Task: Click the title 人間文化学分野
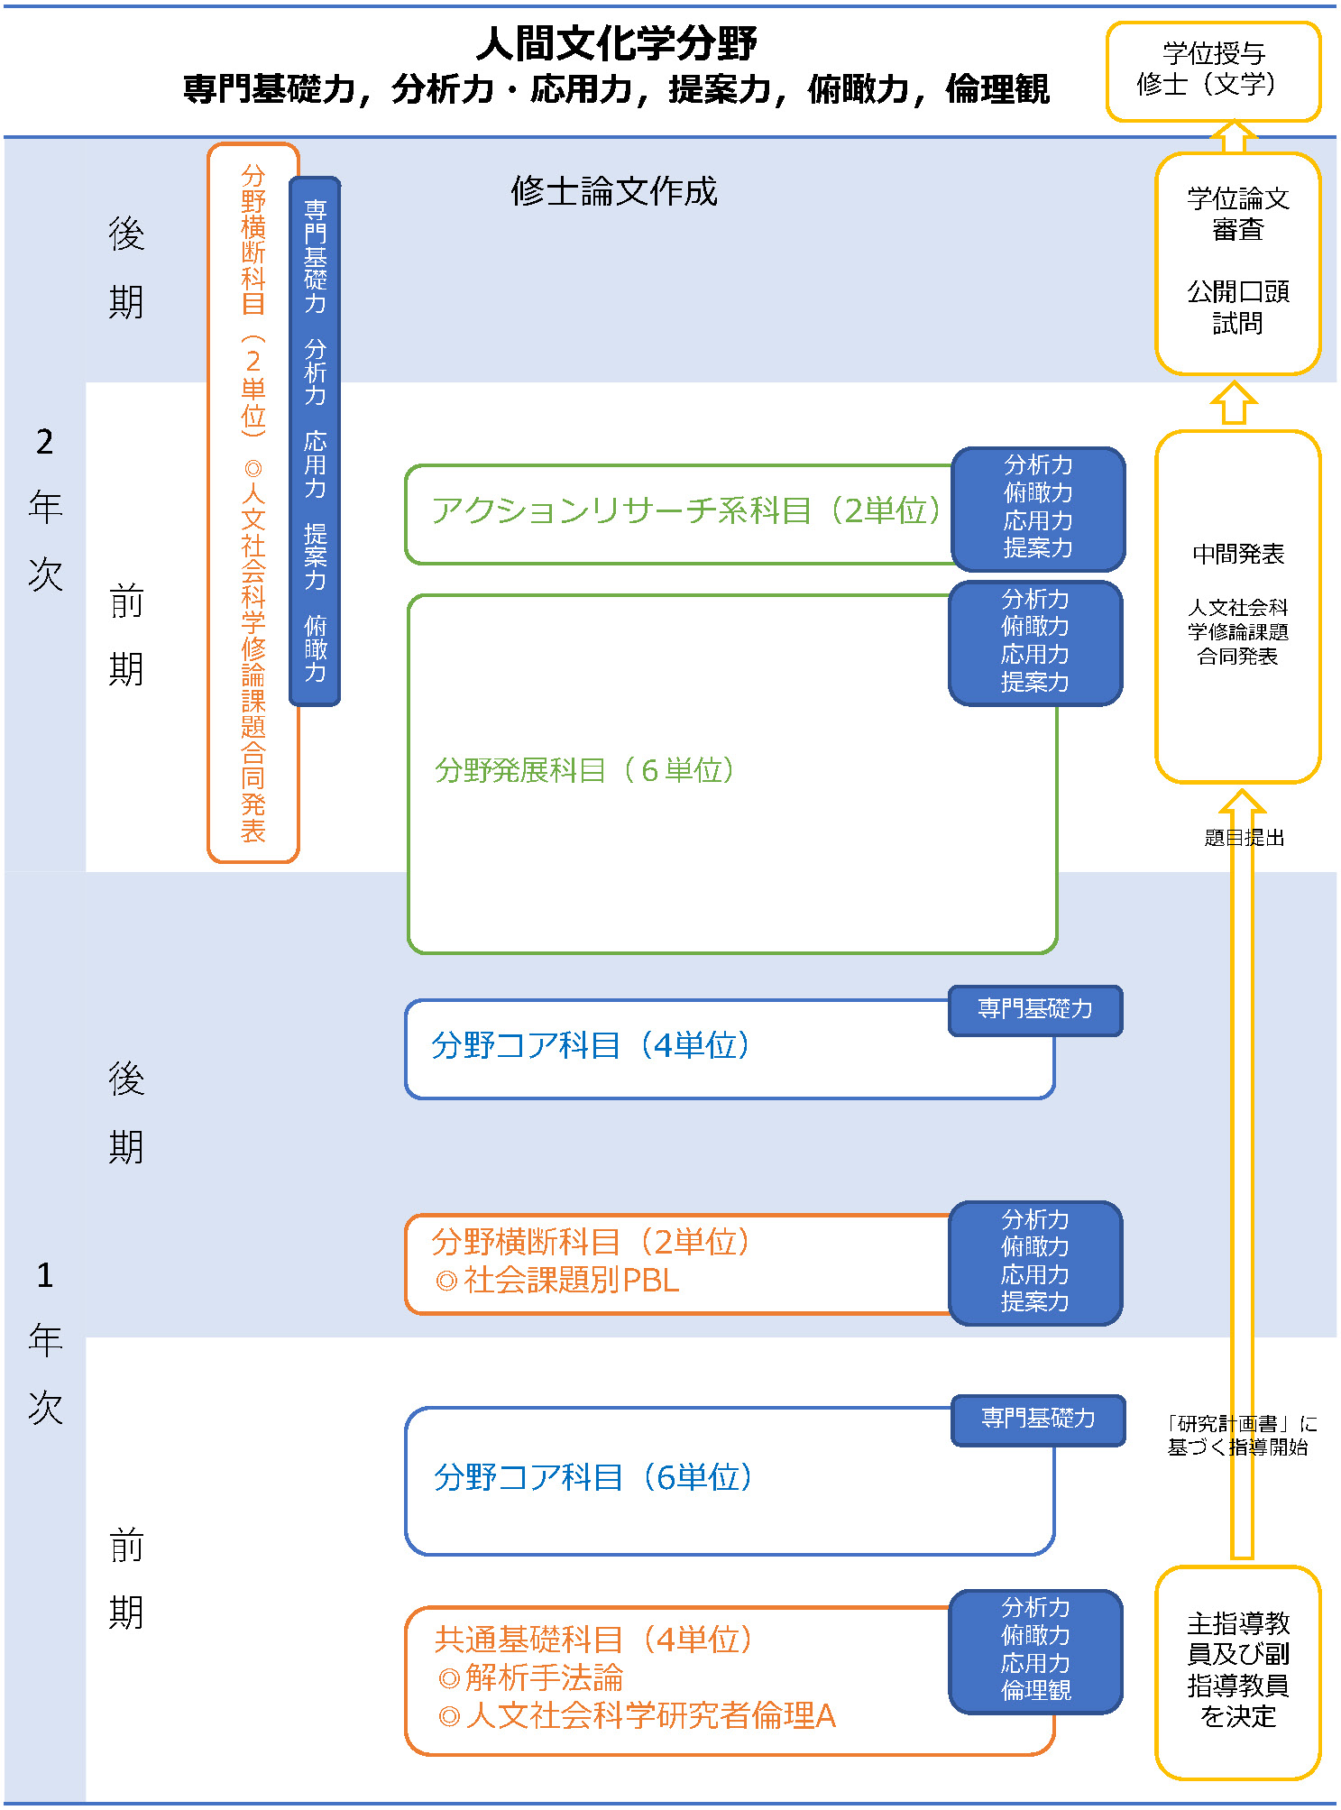616,43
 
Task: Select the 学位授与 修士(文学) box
1212,70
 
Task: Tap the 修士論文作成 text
613,191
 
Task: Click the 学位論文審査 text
1237,214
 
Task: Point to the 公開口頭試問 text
1237,307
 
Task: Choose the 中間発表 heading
1237,554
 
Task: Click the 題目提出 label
1244,838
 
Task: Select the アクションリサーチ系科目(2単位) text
685,510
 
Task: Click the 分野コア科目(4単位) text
590,1045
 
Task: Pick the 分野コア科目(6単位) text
592,1477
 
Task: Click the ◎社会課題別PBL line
557,1280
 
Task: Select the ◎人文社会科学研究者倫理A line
637,1715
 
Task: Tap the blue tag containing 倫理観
1035,1650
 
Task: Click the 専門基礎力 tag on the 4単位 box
1035,1009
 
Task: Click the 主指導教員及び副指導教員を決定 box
1237,1670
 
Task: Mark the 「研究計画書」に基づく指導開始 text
1241,1435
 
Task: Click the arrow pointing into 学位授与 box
1233,137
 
